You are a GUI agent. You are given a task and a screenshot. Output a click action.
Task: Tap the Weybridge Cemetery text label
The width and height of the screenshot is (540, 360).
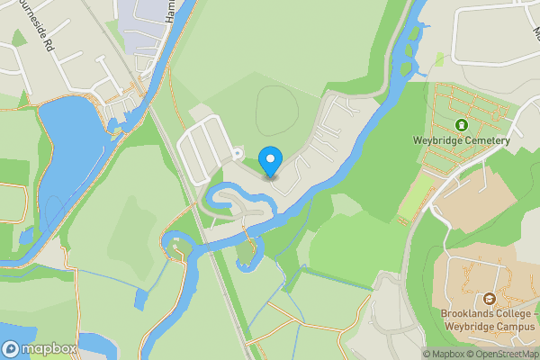[x=462, y=140]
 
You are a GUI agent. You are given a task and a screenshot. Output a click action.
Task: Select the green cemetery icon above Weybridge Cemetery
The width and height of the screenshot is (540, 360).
[x=462, y=125]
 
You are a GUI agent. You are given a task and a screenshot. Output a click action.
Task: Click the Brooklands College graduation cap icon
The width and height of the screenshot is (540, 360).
[x=490, y=298]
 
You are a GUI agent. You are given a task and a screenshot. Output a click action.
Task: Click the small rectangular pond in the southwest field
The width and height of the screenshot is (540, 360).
[x=140, y=299]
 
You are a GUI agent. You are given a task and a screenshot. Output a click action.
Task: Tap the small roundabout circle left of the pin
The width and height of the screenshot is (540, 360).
[x=236, y=153]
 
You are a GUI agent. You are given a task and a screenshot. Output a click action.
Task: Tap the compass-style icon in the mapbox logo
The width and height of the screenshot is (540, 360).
[x=12, y=348]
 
